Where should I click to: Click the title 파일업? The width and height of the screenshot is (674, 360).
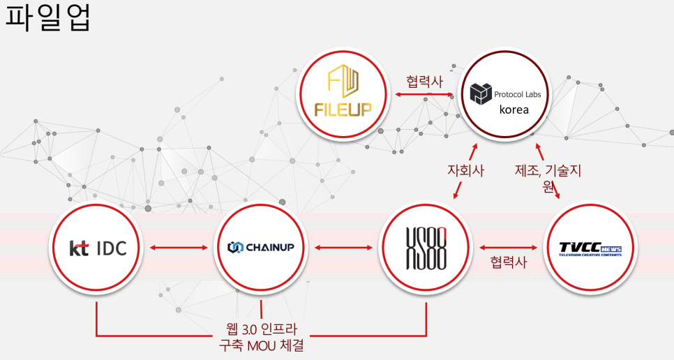[x=48, y=18]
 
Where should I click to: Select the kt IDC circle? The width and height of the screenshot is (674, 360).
[x=98, y=248]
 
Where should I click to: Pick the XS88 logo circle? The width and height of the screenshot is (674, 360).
[x=425, y=248]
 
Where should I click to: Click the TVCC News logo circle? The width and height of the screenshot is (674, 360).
[x=589, y=248]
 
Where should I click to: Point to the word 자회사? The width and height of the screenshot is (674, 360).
[x=465, y=170]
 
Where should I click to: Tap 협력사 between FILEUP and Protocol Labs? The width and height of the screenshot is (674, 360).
[x=424, y=81]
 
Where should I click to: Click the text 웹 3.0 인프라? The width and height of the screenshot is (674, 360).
[x=260, y=329]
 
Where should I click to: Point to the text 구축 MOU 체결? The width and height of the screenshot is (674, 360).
[x=260, y=345]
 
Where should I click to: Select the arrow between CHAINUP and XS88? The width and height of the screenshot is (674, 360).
[x=343, y=247]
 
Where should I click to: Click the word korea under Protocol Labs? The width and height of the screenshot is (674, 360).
[x=514, y=110]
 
